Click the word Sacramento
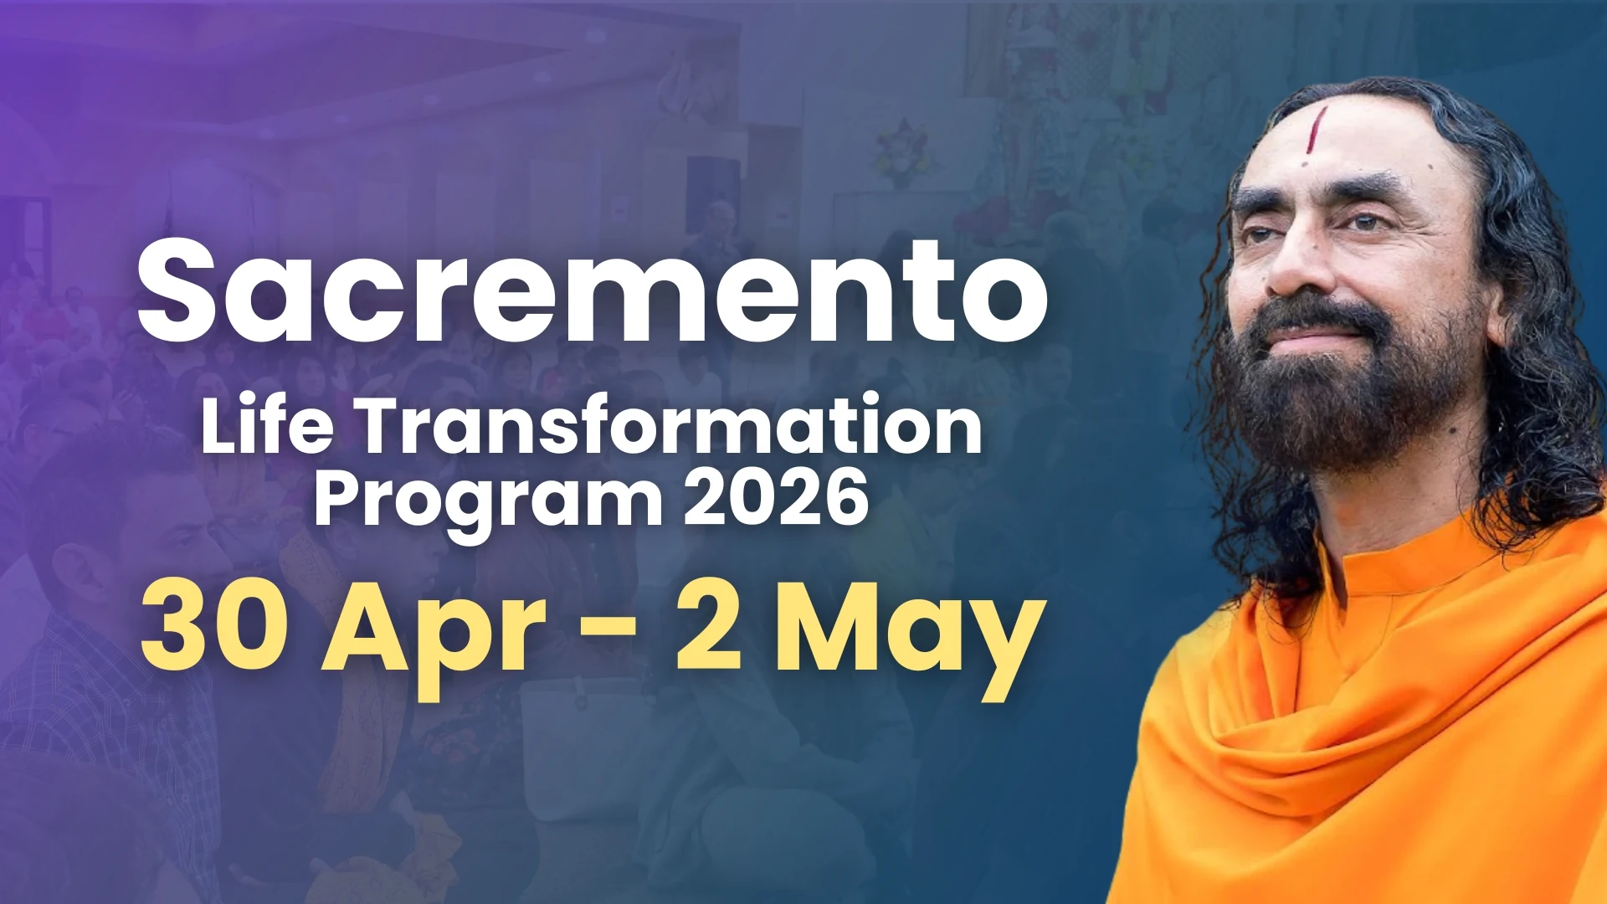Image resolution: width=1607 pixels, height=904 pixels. pyautogui.click(x=593, y=291)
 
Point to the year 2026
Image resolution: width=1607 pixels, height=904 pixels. pyautogui.click(x=775, y=499)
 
